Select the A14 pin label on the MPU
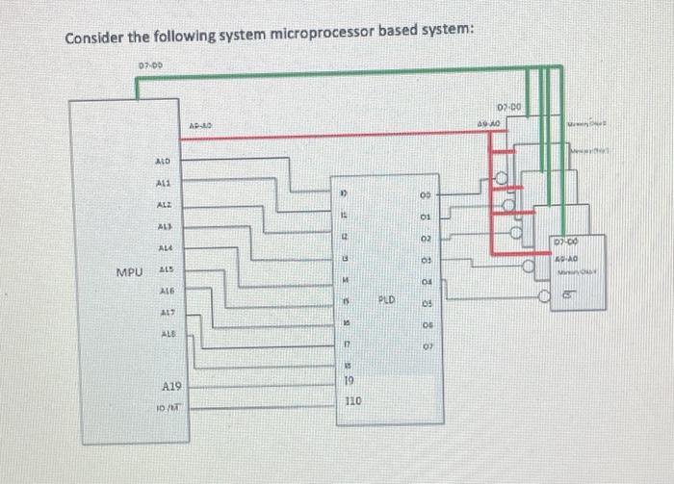pyautogui.click(x=166, y=247)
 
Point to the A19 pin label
pyautogui.click(x=170, y=386)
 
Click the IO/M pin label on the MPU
pyautogui.click(x=170, y=408)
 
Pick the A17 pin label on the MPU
pyautogui.click(x=166, y=312)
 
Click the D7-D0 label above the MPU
pyautogui.click(x=150, y=65)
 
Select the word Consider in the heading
pyautogui.click(x=96, y=38)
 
